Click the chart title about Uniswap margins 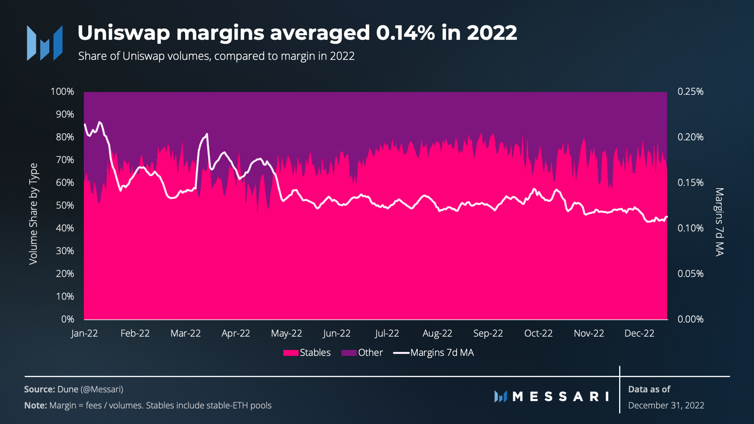click(297, 33)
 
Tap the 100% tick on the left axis click(62, 91)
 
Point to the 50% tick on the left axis click(65, 205)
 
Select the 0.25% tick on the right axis click(691, 91)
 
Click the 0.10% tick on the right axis click(691, 228)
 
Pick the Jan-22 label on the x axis click(84, 333)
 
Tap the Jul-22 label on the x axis click(387, 333)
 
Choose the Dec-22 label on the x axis click(639, 333)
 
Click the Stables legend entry click(307, 353)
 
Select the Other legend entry click(362, 353)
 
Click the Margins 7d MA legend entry click(434, 353)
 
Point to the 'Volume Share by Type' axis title click(33, 214)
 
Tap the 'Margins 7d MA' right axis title click(720, 222)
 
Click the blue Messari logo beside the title click(45, 43)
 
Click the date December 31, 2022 click(666, 405)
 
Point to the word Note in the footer click(36, 405)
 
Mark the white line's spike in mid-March click(207, 134)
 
